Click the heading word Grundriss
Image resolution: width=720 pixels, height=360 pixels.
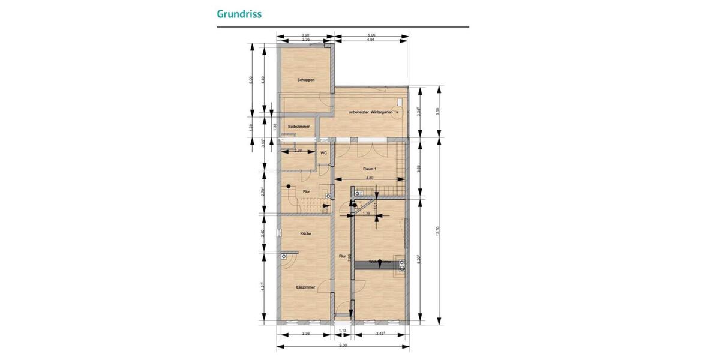coord(239,13)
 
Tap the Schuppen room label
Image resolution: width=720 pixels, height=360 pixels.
coord(306,80)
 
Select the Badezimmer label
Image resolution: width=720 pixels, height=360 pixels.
coord(298,127)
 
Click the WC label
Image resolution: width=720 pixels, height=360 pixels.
coord(323,153)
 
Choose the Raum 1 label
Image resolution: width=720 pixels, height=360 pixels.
coord(370,169)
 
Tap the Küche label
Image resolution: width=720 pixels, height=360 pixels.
coord(306,233)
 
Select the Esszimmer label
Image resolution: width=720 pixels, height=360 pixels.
coord(306,287)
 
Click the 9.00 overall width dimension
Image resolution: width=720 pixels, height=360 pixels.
coord(343,345)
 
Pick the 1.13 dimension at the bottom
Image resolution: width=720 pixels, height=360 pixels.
coord(343,331)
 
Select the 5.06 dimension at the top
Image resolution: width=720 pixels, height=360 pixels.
coord(371,35)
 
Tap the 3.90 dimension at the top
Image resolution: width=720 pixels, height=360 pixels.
coord(305,35)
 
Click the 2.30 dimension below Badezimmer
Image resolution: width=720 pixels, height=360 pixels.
coord(298,150)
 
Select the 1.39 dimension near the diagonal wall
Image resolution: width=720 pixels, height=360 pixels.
coord(366,213)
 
